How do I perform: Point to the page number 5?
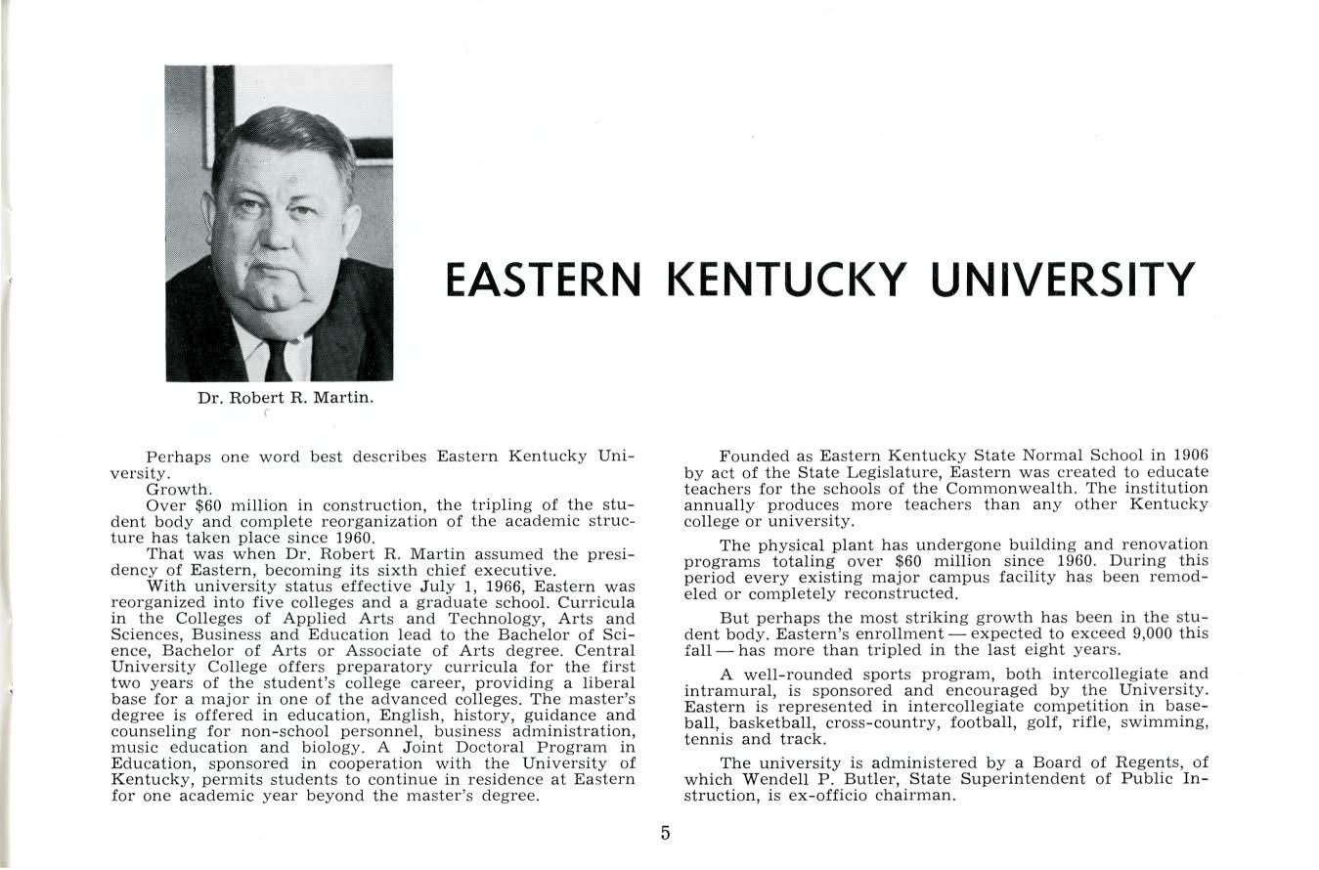point(665,834)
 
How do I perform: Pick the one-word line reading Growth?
point(178,489)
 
